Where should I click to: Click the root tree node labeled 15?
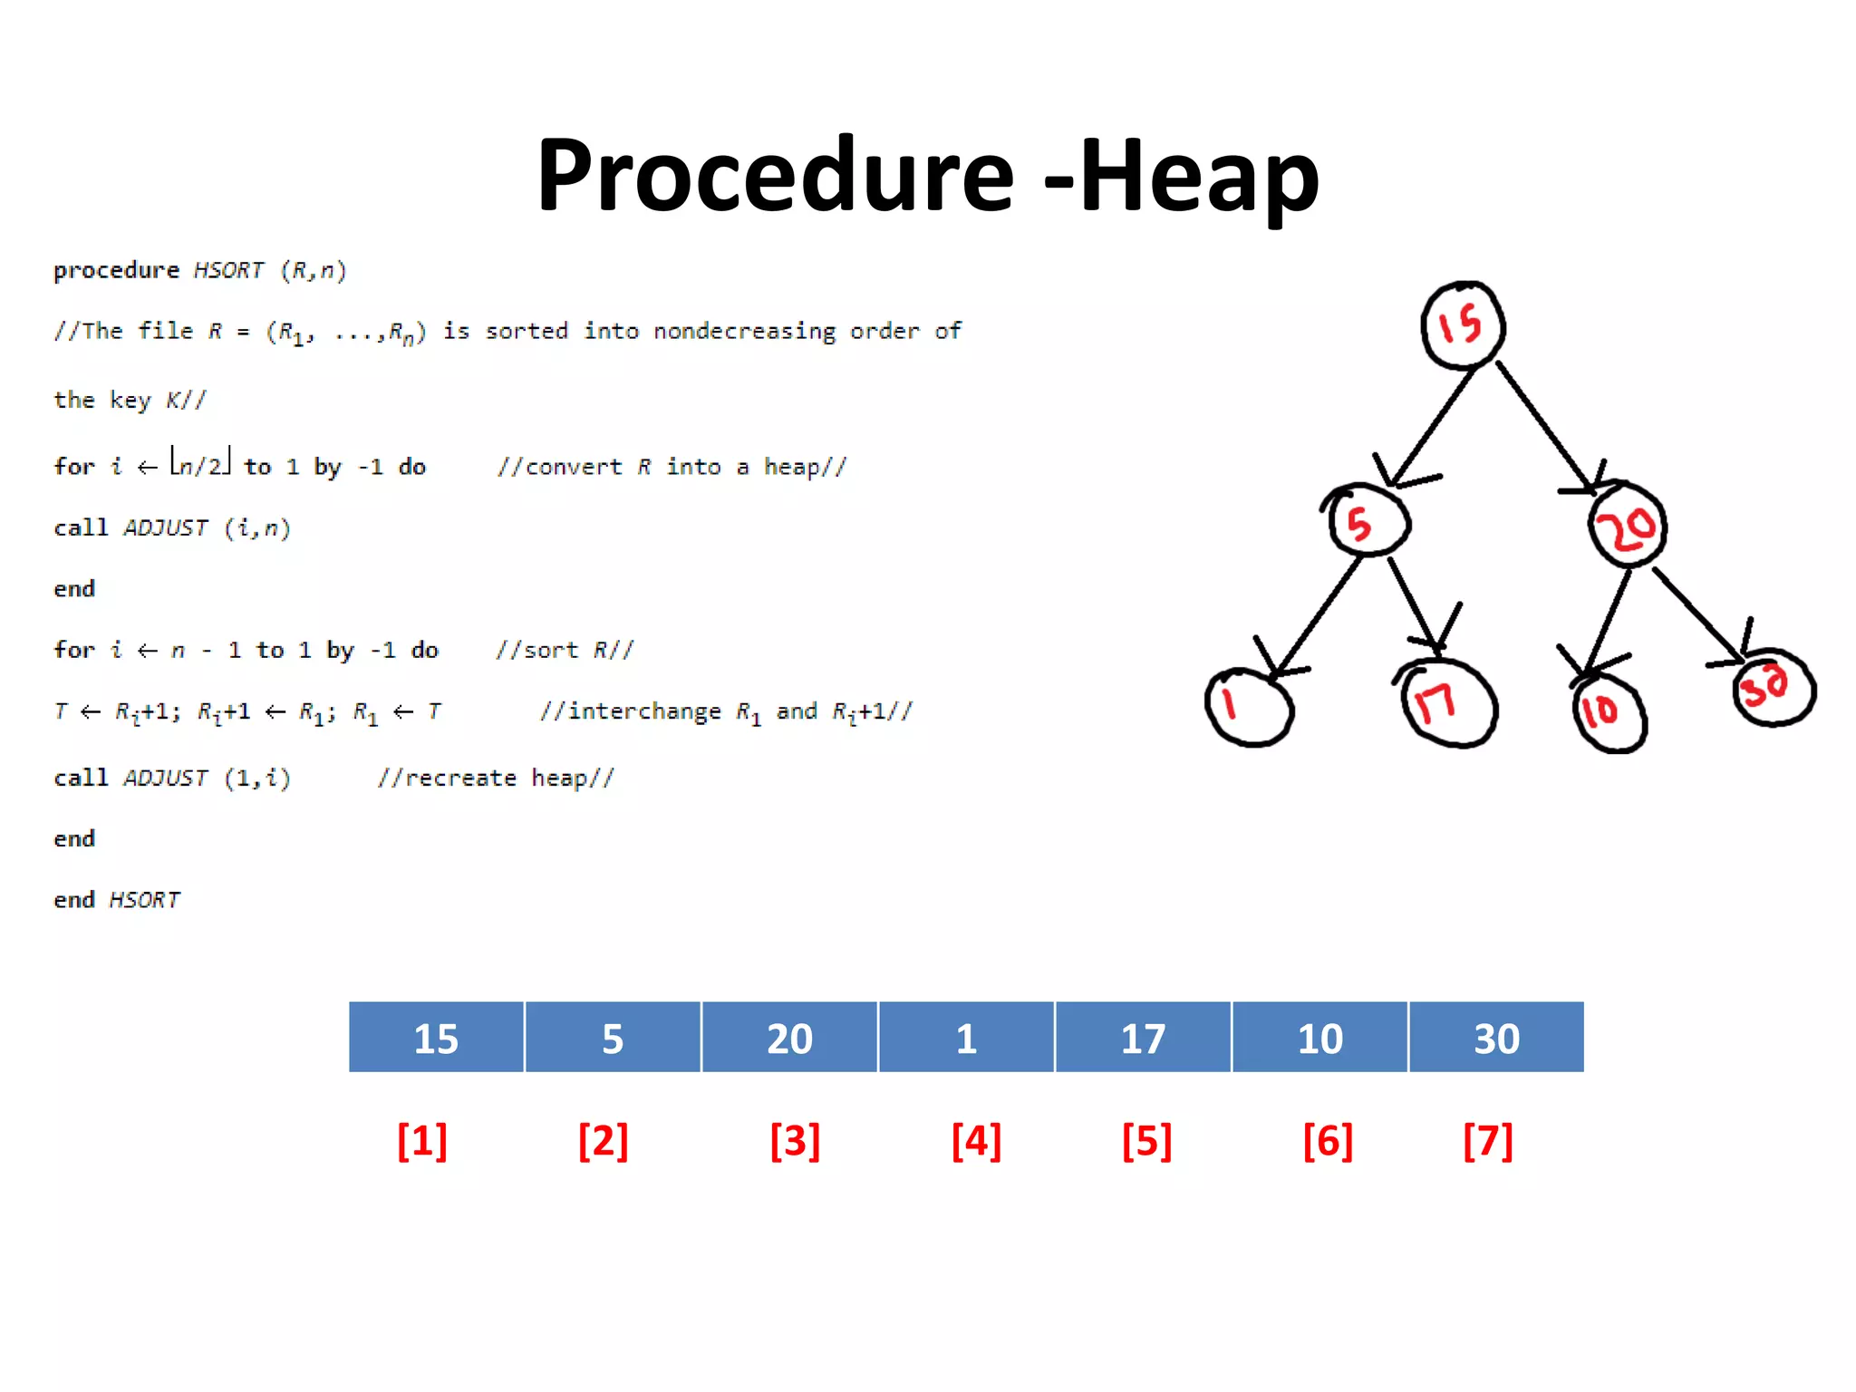[1463, 325]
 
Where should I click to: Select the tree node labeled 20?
[1628, 527]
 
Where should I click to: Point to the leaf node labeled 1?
[1249, 707]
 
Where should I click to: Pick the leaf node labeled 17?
[1447, 704]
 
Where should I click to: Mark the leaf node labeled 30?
[1774, 688]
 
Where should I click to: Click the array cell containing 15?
[436, 1038]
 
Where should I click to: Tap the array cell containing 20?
[789, 1038]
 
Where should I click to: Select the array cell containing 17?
[1143, 1038]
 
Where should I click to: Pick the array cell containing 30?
[1496, 1038]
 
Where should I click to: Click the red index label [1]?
[422, 1140]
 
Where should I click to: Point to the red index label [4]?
[976, 1140]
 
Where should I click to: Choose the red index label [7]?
[1488, 1140]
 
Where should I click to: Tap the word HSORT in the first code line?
[228, 270]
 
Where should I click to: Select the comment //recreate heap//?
[496, 778]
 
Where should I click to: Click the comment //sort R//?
[564, 650]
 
